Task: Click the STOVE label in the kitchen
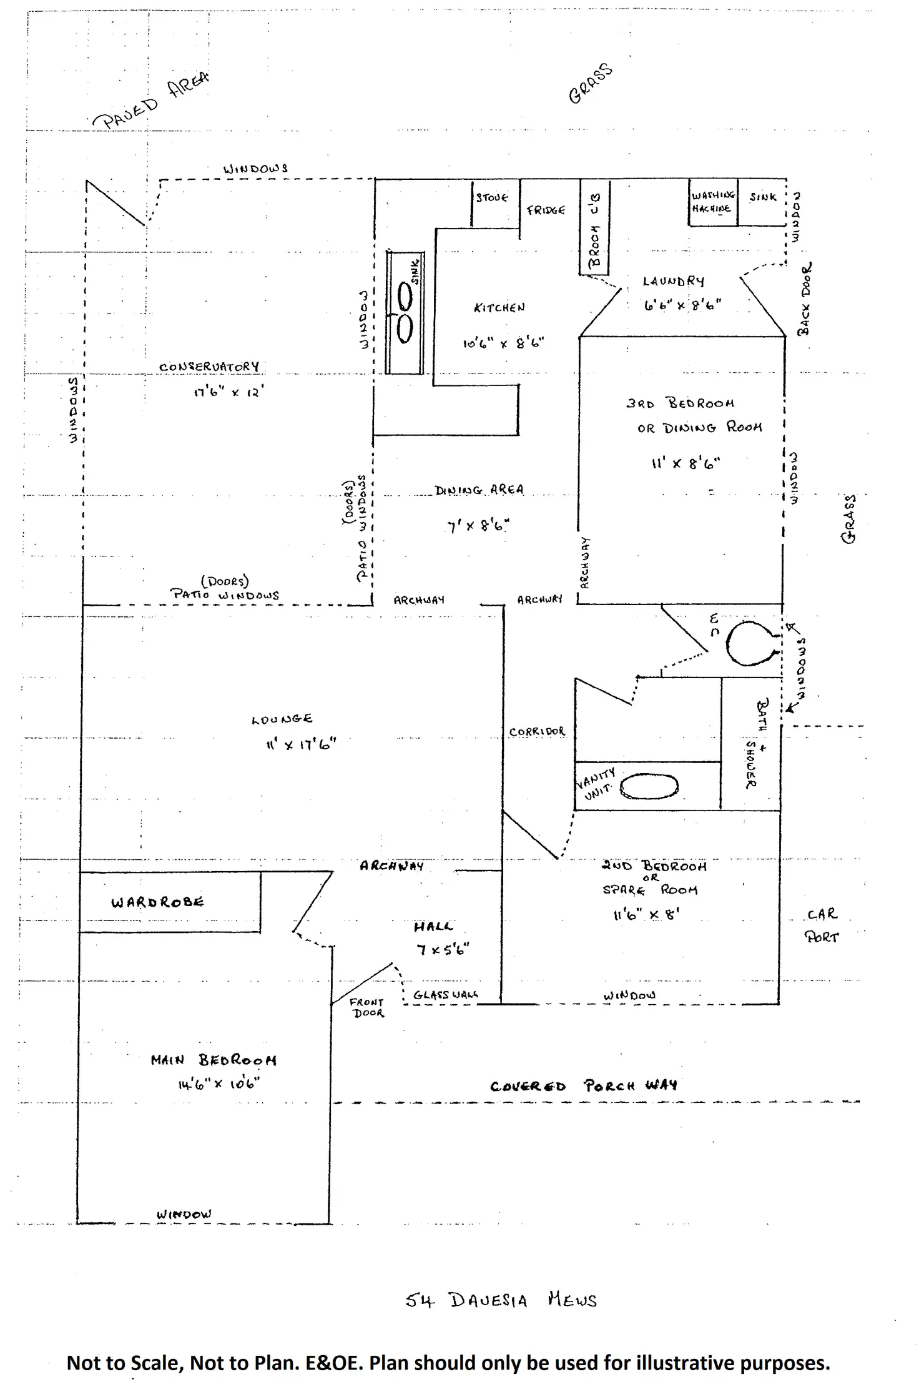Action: click(492, 198)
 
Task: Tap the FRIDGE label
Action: click(546, 210)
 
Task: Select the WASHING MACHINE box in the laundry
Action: click(713, 202)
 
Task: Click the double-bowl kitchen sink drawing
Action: click(405, 312)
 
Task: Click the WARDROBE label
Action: click(157, 902)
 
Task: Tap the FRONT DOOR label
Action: click(367, 1007)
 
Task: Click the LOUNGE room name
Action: click(282, 719)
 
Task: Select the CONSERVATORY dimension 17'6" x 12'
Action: click(229, 393)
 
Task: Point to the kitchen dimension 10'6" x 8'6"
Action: click(503, 343)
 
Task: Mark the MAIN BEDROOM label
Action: click(213, 1060)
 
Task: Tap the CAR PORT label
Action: click(822, 925)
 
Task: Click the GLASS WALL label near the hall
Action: click(446, 995)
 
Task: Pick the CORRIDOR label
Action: click(537, 731)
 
